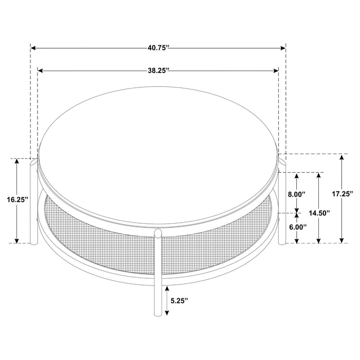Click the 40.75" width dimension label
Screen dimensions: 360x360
tap(158, 48)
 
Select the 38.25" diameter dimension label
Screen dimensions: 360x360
tap(159, 71)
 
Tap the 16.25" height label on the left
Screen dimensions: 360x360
tap(18, 200)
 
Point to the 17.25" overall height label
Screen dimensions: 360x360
tap(342, 194)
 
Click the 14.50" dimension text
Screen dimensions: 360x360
tap(319, 212)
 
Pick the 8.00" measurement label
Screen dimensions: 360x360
tap(296, 194)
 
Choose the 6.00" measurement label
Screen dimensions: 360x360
tap(296, 227)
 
